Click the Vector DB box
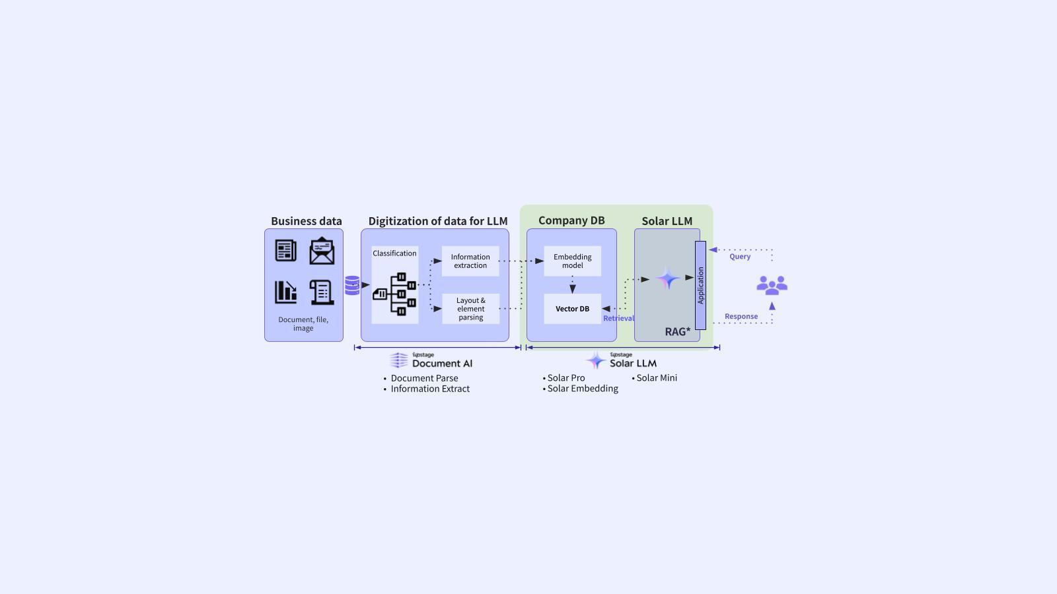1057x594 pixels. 572,309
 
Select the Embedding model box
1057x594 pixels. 572,261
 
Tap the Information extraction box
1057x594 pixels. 470,261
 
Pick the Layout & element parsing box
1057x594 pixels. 470,309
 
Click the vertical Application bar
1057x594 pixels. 701,285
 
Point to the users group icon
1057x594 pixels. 772,285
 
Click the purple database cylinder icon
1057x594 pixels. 352,285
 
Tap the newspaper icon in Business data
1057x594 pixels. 286,250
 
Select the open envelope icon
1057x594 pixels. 322,251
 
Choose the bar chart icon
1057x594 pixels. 286,292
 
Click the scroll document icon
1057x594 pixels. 322,292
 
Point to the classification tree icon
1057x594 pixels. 394,294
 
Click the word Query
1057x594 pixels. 740,257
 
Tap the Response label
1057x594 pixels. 741,316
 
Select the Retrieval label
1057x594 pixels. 618,318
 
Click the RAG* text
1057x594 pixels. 678,331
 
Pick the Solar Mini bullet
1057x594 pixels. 655,378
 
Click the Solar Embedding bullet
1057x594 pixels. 581,389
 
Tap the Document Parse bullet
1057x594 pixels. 421,378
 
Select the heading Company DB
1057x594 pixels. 571,220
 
